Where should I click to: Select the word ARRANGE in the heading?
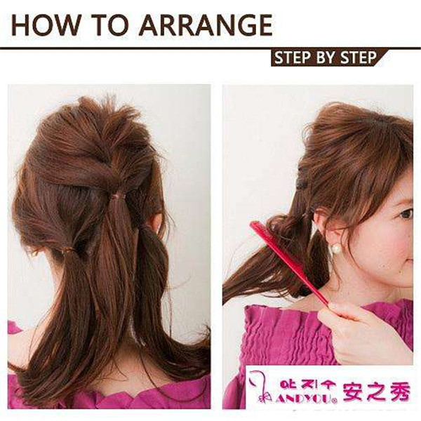coord(206,25)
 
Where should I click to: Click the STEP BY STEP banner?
coord(326,58)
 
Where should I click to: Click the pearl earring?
coord(336,249)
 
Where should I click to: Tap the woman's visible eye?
coord(406,214)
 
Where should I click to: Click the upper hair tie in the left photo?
coord(118,196)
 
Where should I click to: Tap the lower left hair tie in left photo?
coord(67,251)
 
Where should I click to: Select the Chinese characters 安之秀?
coord(377,392)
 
